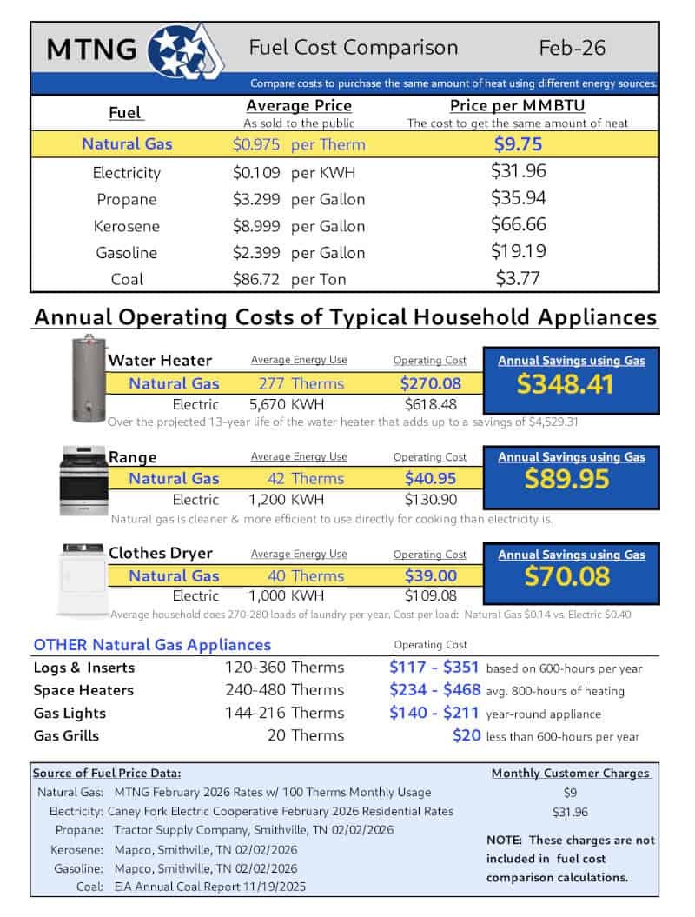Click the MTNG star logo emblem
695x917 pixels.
click(x=185, y=48)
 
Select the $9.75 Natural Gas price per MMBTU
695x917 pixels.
click(x=519, y=144)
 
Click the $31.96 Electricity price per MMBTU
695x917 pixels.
click(x=519, y=171)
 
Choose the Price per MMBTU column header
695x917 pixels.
click(x=517, y=106)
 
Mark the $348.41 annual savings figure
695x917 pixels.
click(x=571, y=384)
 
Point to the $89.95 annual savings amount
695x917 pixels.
click(x=571, y=480)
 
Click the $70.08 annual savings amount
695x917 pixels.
click(x=571, y=576)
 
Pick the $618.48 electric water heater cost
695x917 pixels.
click(x=429, y=404)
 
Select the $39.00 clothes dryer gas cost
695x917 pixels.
click(x=429, y=575)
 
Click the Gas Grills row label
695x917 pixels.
click(x=66, y=735)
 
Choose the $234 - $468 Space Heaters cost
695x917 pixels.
click(x=434, y=690)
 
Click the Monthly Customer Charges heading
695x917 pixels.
click(x=570, y=773)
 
